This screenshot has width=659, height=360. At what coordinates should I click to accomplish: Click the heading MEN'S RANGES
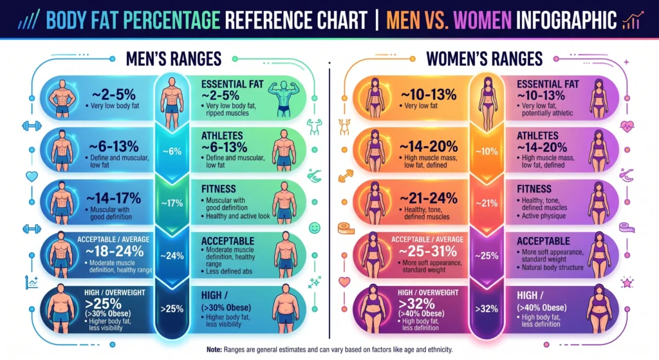click(174, 59)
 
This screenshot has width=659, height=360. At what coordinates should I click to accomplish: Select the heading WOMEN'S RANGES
click(484, 59)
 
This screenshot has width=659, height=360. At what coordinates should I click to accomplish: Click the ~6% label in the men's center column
click(172, 151)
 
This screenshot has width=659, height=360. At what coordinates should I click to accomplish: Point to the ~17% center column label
click(172, 204)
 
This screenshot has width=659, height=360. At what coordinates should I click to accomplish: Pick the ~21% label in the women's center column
click(487, 204)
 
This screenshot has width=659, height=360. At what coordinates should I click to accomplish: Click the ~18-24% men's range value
click(115, 251)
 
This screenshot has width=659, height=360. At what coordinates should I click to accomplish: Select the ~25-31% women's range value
click(427, 251)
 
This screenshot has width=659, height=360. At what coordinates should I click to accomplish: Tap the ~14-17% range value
click(113, 198)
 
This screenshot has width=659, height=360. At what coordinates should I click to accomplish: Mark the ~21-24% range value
click(428, 198)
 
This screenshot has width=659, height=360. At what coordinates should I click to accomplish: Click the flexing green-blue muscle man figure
click(283, 99)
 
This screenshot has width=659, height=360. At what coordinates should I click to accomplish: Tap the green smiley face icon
click(314, 228)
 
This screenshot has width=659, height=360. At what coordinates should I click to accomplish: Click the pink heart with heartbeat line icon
click(627, 126)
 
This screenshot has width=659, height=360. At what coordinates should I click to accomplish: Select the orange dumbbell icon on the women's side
click(346, 176)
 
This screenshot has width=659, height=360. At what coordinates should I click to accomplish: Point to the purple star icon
click(627, 282)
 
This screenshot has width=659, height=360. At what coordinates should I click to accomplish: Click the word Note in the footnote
click(214, 350)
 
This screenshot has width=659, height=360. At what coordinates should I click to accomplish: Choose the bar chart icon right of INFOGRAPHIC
click(633, 21)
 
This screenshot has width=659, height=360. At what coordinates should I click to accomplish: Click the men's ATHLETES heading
click(222, 136)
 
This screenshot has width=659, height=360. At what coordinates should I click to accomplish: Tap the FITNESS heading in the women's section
click(534, 189)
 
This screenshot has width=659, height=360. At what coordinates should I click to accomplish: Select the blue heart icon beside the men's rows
click(32, 176)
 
